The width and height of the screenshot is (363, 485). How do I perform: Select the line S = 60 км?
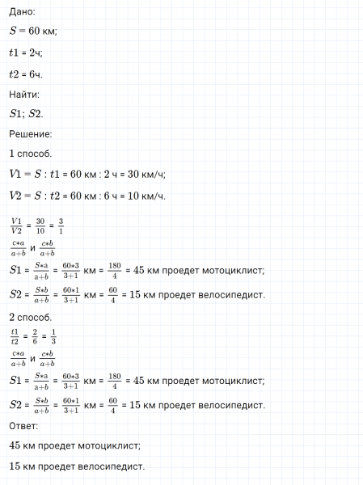tap(33, 32)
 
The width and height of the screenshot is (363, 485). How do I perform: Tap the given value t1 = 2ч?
tap(26, 53)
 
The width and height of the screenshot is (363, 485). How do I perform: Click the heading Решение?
tap(31, 133)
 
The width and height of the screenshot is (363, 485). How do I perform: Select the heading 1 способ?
tap(31, 154)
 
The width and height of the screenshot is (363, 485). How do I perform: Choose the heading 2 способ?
tap(31, 318)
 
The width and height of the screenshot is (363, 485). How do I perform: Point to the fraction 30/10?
tap(40, 224)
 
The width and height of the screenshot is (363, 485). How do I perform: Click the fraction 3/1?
tap(62, 224)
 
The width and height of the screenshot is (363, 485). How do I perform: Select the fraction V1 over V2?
tap(18, 224)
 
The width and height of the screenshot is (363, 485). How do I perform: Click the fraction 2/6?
tap(34, 335)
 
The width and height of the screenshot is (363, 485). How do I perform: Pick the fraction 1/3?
tap(53, 335)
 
